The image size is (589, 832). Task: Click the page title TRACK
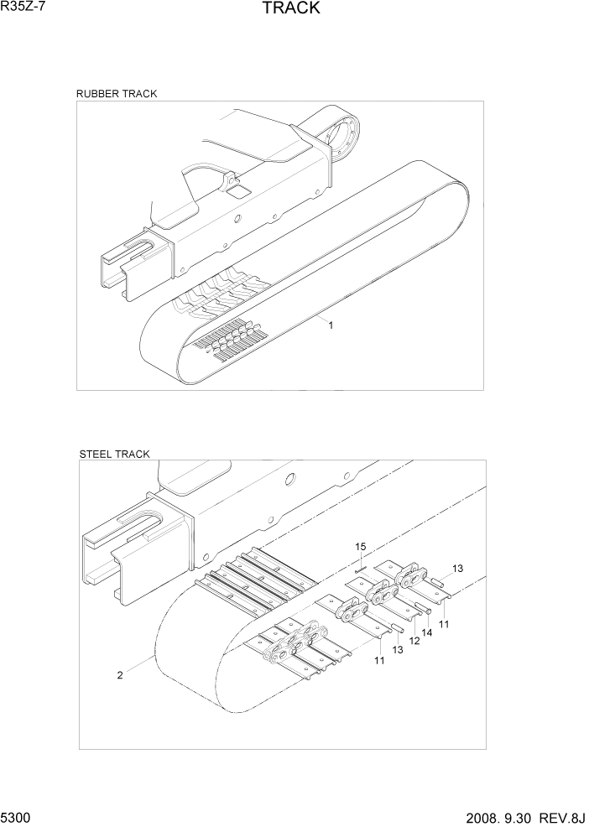(290, 9)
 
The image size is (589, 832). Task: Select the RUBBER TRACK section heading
(117, 94)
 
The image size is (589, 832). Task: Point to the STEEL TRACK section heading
(114, 454)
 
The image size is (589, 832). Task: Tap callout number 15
(360, 547)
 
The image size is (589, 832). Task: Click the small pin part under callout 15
(362, 570)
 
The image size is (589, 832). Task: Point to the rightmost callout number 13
(457, 569)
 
